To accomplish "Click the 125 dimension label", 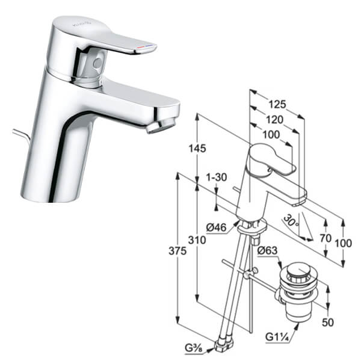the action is coord(277,104).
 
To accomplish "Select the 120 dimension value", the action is coord(274,120).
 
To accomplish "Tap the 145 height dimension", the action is coord(197,149).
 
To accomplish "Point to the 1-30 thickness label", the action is coord(216,177).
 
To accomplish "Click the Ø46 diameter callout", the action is coord(217,227).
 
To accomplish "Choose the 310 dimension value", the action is coord(197,240).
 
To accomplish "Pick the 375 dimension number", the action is coord(177,251).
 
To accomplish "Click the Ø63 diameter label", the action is coord(267,250).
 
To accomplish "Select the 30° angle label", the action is coord(291,221).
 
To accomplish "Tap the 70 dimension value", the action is coord(326,238).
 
